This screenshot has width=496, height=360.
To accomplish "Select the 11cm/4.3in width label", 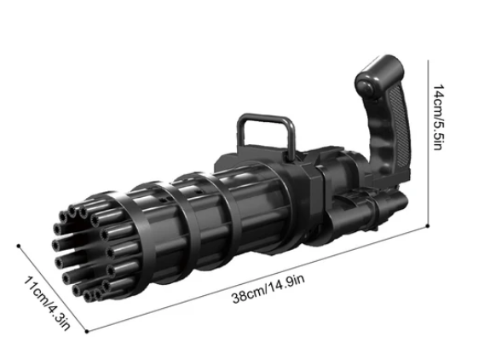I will [x=50, y=302].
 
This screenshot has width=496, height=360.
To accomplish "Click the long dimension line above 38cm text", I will [x=256, y=278].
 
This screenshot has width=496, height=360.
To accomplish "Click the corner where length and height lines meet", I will [x=427, y=228].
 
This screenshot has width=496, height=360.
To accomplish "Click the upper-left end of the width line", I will [x=18, y=243].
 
